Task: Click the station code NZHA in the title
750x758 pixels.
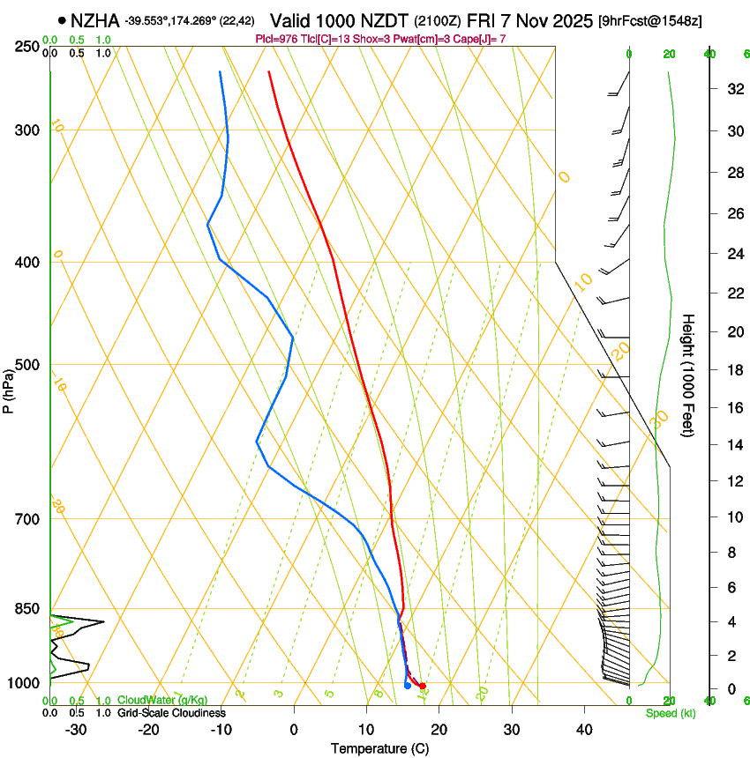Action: tap(94, 20)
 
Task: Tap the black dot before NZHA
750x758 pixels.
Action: tap(62, 20)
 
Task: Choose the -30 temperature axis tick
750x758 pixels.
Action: tap(76, 730)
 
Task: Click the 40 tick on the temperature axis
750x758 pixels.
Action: tap(584, 730)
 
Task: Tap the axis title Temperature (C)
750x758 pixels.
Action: tap(379, 748)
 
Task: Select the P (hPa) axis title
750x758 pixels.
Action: tap(9, 389)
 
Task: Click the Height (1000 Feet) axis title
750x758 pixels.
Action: tap(688, 375)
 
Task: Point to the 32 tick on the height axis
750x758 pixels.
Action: tap(734, 88)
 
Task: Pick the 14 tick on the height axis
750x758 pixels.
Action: tap(734, 445)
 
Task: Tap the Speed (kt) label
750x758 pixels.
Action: tap(670, 713)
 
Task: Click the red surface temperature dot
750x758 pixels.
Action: tap(423, 686)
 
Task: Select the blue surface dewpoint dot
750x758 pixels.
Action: tap(407, 685)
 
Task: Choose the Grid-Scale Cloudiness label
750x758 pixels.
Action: tap(171, 713)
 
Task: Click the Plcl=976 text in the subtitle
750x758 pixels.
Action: tap(276, 39)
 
